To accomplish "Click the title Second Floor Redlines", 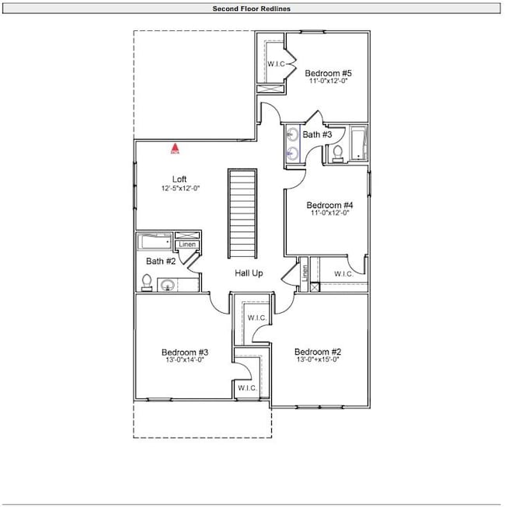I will click(x=252, y=9).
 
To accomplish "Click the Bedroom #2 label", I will click(x=318, y=351).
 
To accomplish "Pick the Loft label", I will click(x=179, y=179).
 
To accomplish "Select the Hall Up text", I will click(x=249, y=273).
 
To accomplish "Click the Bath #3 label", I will click(x=317, y=135).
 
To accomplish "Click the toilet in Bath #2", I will click(x=145, y=284).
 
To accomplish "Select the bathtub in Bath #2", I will click(x=155, y=242).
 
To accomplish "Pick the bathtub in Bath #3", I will click(x=358, y=143).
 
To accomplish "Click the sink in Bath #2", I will click(x=167, y=285).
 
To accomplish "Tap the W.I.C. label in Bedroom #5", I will click(x=278, y=63).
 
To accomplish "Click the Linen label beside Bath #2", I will click(x=186, y=245).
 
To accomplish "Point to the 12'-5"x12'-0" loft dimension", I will click(x=179, y=189).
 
